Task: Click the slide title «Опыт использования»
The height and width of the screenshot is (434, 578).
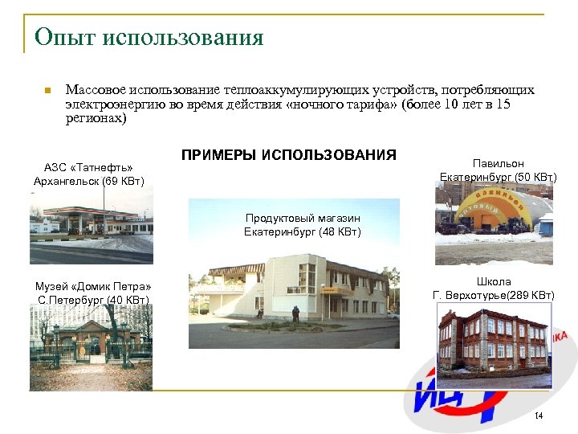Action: [x=149, y=37]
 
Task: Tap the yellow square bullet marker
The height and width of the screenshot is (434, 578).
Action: [x=48, y=90]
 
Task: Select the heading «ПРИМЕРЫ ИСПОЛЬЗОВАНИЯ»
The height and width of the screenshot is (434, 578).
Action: [x=289, y=154]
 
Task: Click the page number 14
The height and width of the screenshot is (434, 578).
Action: [x=539, y=415]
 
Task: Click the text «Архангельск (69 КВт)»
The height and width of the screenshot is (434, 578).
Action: [x=88, y=181]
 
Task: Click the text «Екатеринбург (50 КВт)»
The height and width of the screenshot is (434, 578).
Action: [x=499, y=177]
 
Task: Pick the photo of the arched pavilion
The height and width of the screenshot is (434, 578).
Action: [x=494, y=227]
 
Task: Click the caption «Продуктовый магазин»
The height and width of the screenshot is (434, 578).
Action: [x=303, y=219]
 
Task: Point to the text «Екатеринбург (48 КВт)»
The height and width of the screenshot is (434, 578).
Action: [x=303, y=232]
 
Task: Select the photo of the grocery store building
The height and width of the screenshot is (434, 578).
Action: [x=294, y=297]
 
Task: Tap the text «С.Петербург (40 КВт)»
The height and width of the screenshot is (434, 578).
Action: [x=92, y=301]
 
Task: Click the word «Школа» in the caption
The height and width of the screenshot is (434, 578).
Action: [x=494, y=282]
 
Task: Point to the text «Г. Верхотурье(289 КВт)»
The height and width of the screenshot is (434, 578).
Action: [x=494, y=296]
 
